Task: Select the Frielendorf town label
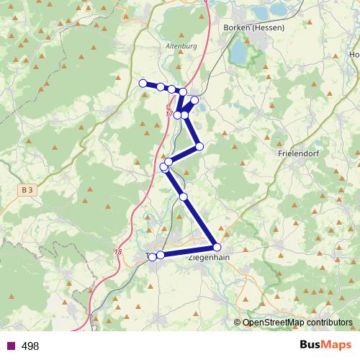pos(298,153)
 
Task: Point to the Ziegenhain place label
pos(209,256)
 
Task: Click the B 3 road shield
pos(27,189)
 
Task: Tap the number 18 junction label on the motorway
pos(118,251)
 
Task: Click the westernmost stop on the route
pos(143,83)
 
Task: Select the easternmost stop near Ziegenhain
pos(217,247)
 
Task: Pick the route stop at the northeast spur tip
pos(194,101)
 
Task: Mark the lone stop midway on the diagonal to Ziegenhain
pos(184,197)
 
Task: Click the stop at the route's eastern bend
pos(199,147)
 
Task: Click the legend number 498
pos(30,346)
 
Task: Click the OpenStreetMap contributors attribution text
pos(297,323)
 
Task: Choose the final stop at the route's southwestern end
pos(152,256)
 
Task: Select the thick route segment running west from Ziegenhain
pos(189,251)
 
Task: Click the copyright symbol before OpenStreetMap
pos(238,323)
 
